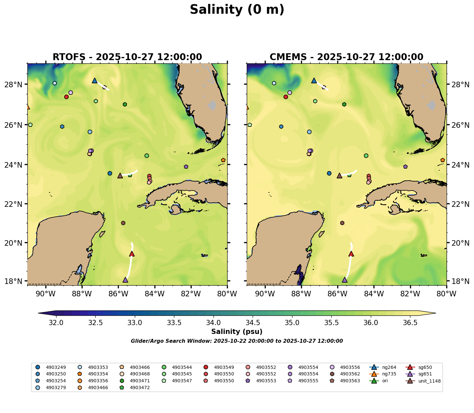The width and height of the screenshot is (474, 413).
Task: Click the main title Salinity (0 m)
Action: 237,10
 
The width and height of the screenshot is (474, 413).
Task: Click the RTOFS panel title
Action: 127,57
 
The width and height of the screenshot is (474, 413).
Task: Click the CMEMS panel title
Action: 346,57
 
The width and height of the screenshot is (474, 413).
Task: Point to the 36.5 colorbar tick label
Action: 410,323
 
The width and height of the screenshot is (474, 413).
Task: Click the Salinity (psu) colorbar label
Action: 237,332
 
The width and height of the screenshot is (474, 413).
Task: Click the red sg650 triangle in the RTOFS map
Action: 132,254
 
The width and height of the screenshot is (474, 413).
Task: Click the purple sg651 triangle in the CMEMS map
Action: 345,280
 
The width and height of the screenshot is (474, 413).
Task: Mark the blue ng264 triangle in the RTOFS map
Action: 95,80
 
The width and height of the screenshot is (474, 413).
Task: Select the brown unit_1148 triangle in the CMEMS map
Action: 340,175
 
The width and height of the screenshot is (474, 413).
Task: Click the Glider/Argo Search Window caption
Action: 237,341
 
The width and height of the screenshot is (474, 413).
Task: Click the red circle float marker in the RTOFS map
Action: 66,97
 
